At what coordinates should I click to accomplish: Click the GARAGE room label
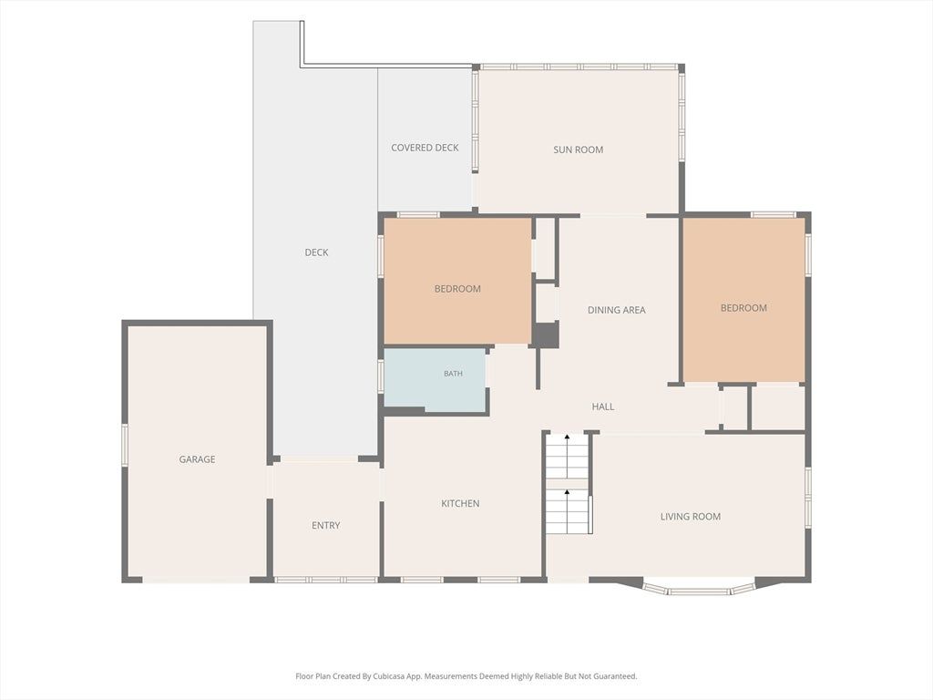coord(197,459)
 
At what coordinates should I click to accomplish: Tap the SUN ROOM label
coord(579,150)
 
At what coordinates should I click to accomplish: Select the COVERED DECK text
coord(425,148)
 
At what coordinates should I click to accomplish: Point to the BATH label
coord(453,374)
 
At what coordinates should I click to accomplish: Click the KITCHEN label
coord(460,503)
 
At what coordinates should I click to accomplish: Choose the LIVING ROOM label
coord(691,517)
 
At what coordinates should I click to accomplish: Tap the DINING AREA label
coord(617,310)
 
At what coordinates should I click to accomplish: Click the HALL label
coord(603,407)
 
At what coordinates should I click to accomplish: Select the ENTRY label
coord(325,526)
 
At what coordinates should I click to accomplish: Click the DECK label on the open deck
coord(316,252)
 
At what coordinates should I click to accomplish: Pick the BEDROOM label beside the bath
coord(457,289)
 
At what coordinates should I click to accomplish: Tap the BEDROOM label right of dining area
coord(743,308)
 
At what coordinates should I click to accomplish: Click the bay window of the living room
coord(699,589)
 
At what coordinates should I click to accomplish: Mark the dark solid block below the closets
coord(545,335)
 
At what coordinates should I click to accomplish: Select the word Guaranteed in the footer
coord(616,676)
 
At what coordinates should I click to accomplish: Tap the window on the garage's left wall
coord(125,444)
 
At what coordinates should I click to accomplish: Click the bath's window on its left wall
coord(381,376)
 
